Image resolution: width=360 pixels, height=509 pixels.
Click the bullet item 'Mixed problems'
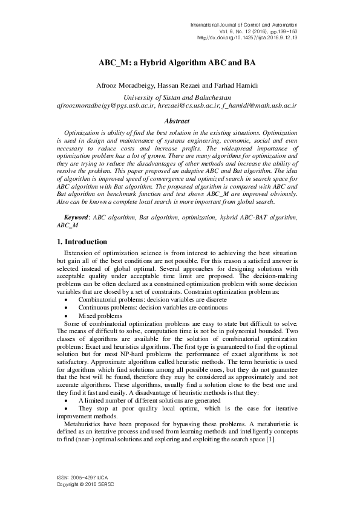click(x=100, y=316)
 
